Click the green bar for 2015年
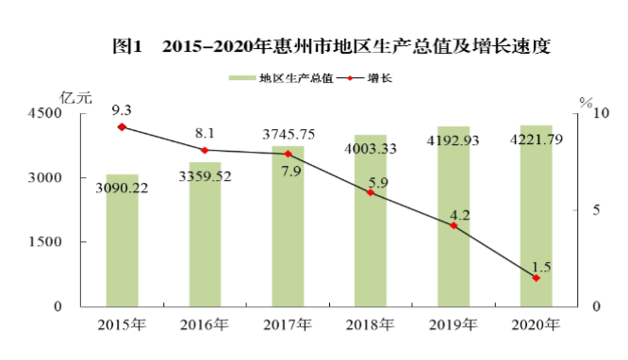coord(122,240)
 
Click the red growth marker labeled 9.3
coord(122,126)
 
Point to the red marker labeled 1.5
coord(537,278)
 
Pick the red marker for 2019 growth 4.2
coord(454,225)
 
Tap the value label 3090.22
coord(122,188)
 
